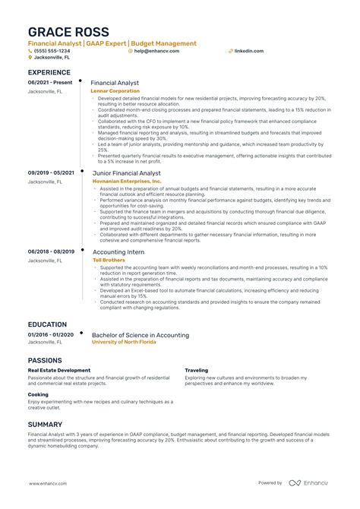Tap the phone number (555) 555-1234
(x=52, y=50)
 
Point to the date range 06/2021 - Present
(x=51, y=81)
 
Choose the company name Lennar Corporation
(x=114, y=90)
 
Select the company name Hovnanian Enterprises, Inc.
(x=126, y=182)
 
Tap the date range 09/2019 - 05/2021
(x=52, y=173)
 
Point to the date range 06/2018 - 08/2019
(x=52, y=251)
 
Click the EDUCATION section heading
(x=50, y=324)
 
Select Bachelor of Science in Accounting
(x=141, y=335)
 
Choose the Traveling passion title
(x=197, y=370)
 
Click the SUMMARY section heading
(x=46, y=424)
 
